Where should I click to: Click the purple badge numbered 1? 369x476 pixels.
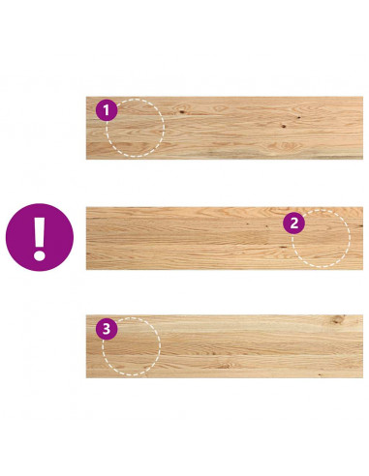pyautogui.click(x=107, y=110)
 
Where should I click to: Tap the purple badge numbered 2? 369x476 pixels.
pyautogui.click(x=293, y=223)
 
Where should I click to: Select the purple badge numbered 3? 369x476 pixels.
pyautogui.click(x=107, y=329)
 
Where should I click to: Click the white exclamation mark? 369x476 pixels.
pyautogui.click(x=40, y=239)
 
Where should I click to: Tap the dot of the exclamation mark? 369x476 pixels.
pyautogui.click(x=40, y=254)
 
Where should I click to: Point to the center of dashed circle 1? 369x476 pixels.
pyautogui.click(x=136, y=128)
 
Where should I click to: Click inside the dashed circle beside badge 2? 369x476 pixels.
pyautogui.click(x=321, y=239)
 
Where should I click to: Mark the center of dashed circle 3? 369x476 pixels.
pyautogui.click(x=132, y=346)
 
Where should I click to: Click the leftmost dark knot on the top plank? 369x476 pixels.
pyautogui.click(x=182, y=112)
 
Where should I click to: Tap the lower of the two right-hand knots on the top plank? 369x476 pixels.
pyautogui.click(x=284, y=126)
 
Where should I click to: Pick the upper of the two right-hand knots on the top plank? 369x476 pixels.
pyautogui.click(x=299, y=117)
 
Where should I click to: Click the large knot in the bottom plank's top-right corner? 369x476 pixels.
pyautogui.click(x=338, y=319)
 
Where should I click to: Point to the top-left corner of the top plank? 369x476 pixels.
pyautogui.click(x=86, y=97)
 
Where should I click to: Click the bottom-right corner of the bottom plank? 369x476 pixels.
pyautogui.click(x=363, y=377)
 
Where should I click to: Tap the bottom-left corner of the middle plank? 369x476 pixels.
pyautogui.click(x=86, y=269)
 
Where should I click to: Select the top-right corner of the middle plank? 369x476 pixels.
pyautogui.click(x=363, y=207)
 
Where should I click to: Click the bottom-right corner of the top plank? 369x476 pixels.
pyautogui.click(x=363, y=159)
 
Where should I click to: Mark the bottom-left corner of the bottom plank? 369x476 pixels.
pyautogui.click(x=86, y=377)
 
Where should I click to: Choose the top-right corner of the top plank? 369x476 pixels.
pyautogui.click(x=363, y=97)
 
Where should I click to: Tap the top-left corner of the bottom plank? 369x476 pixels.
pyautogui.click(x=86, y=315)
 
